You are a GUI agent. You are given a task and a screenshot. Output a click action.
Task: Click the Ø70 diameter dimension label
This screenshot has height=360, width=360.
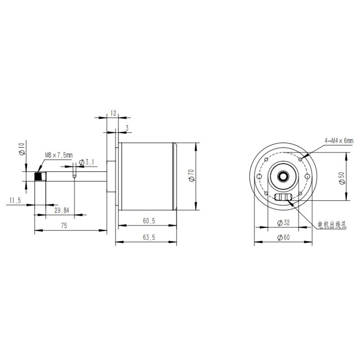pos(192,175)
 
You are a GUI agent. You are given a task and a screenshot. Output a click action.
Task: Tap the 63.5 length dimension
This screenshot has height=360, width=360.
pos(149,238)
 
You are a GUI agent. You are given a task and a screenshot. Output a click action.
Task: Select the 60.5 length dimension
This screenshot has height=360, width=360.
pos(149,221)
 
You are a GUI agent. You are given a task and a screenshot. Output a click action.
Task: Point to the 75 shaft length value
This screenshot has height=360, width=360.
pos(64,226)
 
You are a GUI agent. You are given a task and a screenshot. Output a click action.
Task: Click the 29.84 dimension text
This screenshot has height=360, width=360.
pos(62,210)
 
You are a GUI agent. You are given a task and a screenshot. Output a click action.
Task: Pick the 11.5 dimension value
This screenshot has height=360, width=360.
pos(15,200)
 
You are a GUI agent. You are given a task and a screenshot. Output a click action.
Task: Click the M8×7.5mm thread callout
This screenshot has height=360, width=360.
pos(59,155)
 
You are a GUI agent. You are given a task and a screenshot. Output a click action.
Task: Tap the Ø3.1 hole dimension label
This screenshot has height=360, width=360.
pos(86,162)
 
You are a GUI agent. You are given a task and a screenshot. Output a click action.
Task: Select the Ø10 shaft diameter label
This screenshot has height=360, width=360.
pos(22,148)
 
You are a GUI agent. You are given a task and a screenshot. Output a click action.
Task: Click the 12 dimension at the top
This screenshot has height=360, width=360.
pos(113,113)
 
